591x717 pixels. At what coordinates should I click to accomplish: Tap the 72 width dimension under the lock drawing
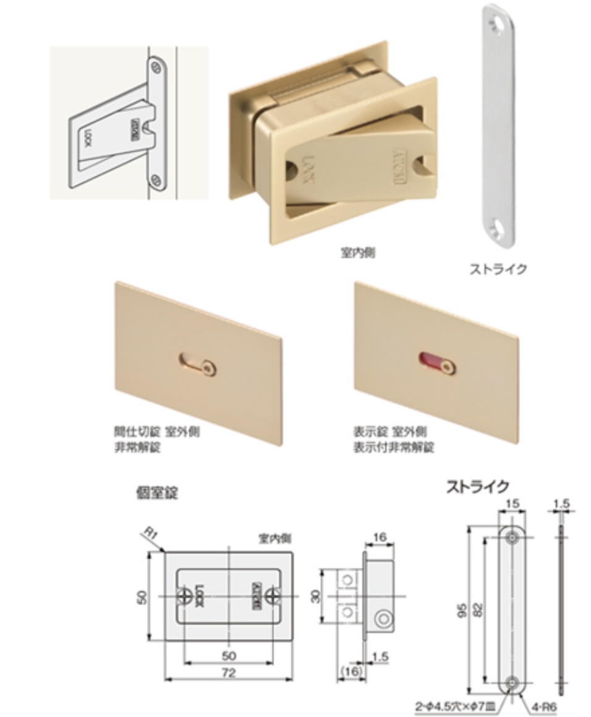point(228,672)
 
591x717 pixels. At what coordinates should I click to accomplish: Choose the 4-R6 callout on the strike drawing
point(535,705)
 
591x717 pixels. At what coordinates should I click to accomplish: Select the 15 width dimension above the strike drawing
point(512,504)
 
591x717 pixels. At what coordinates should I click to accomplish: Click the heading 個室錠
point(157,492)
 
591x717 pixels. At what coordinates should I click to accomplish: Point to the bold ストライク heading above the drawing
point(477,487)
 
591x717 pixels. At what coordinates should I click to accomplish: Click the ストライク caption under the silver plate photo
point(498,269)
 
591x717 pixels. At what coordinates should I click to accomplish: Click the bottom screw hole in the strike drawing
point(512,682)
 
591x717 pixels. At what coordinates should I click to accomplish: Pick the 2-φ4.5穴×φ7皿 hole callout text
point(457,706)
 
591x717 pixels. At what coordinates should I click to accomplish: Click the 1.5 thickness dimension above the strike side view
point(561,504)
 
